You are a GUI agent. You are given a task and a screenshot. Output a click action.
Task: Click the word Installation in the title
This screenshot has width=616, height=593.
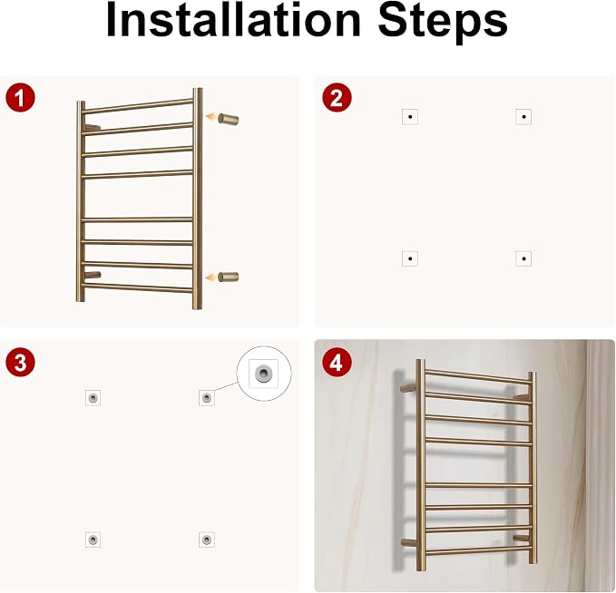(x=233, y=20)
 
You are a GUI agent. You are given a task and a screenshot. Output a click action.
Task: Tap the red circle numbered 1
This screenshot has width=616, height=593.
(x=21, y=98)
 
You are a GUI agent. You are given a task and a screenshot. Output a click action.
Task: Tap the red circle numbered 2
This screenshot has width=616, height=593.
(x=337, y=98)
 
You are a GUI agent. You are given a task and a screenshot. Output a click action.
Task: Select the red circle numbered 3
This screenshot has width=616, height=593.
(x=21, y=362)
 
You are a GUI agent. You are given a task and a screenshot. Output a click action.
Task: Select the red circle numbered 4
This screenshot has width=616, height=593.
(x=337, y=362)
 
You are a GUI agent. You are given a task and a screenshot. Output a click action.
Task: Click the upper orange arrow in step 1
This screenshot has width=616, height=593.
(x=211, y=117)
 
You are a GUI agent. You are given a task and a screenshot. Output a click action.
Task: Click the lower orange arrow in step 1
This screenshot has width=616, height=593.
(x=211, y=277)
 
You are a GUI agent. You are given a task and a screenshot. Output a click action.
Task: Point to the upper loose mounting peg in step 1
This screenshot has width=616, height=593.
(x=229, y=119)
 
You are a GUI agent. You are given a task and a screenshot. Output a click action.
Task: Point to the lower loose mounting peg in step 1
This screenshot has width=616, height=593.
(x=229, y=277)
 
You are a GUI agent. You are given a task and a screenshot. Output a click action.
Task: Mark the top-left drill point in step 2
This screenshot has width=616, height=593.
(x=410, y=117)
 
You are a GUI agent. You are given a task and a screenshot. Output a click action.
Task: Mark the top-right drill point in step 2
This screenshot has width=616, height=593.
(x=523, y=117)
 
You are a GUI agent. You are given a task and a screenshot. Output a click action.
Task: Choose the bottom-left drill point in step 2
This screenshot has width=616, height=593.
(x=410, y=258)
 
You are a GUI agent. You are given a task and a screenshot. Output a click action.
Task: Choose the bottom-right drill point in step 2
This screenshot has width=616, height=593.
(x=523, y=258)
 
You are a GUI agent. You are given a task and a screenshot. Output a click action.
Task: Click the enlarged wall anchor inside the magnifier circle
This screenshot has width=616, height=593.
(x=263, y=373)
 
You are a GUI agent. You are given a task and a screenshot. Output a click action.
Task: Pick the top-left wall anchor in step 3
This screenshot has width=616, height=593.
(x=93, y=398)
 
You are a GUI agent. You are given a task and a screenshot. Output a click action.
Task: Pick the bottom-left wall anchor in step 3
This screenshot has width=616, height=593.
(x=93, y=540)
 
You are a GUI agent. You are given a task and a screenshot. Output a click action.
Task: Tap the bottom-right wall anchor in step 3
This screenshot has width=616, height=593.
(x=207, y=540)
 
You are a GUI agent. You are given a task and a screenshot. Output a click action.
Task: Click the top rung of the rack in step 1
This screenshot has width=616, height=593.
(x=138, y=106)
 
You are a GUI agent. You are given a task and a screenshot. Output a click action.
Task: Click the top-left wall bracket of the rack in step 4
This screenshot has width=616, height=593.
(x=408, y=387)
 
